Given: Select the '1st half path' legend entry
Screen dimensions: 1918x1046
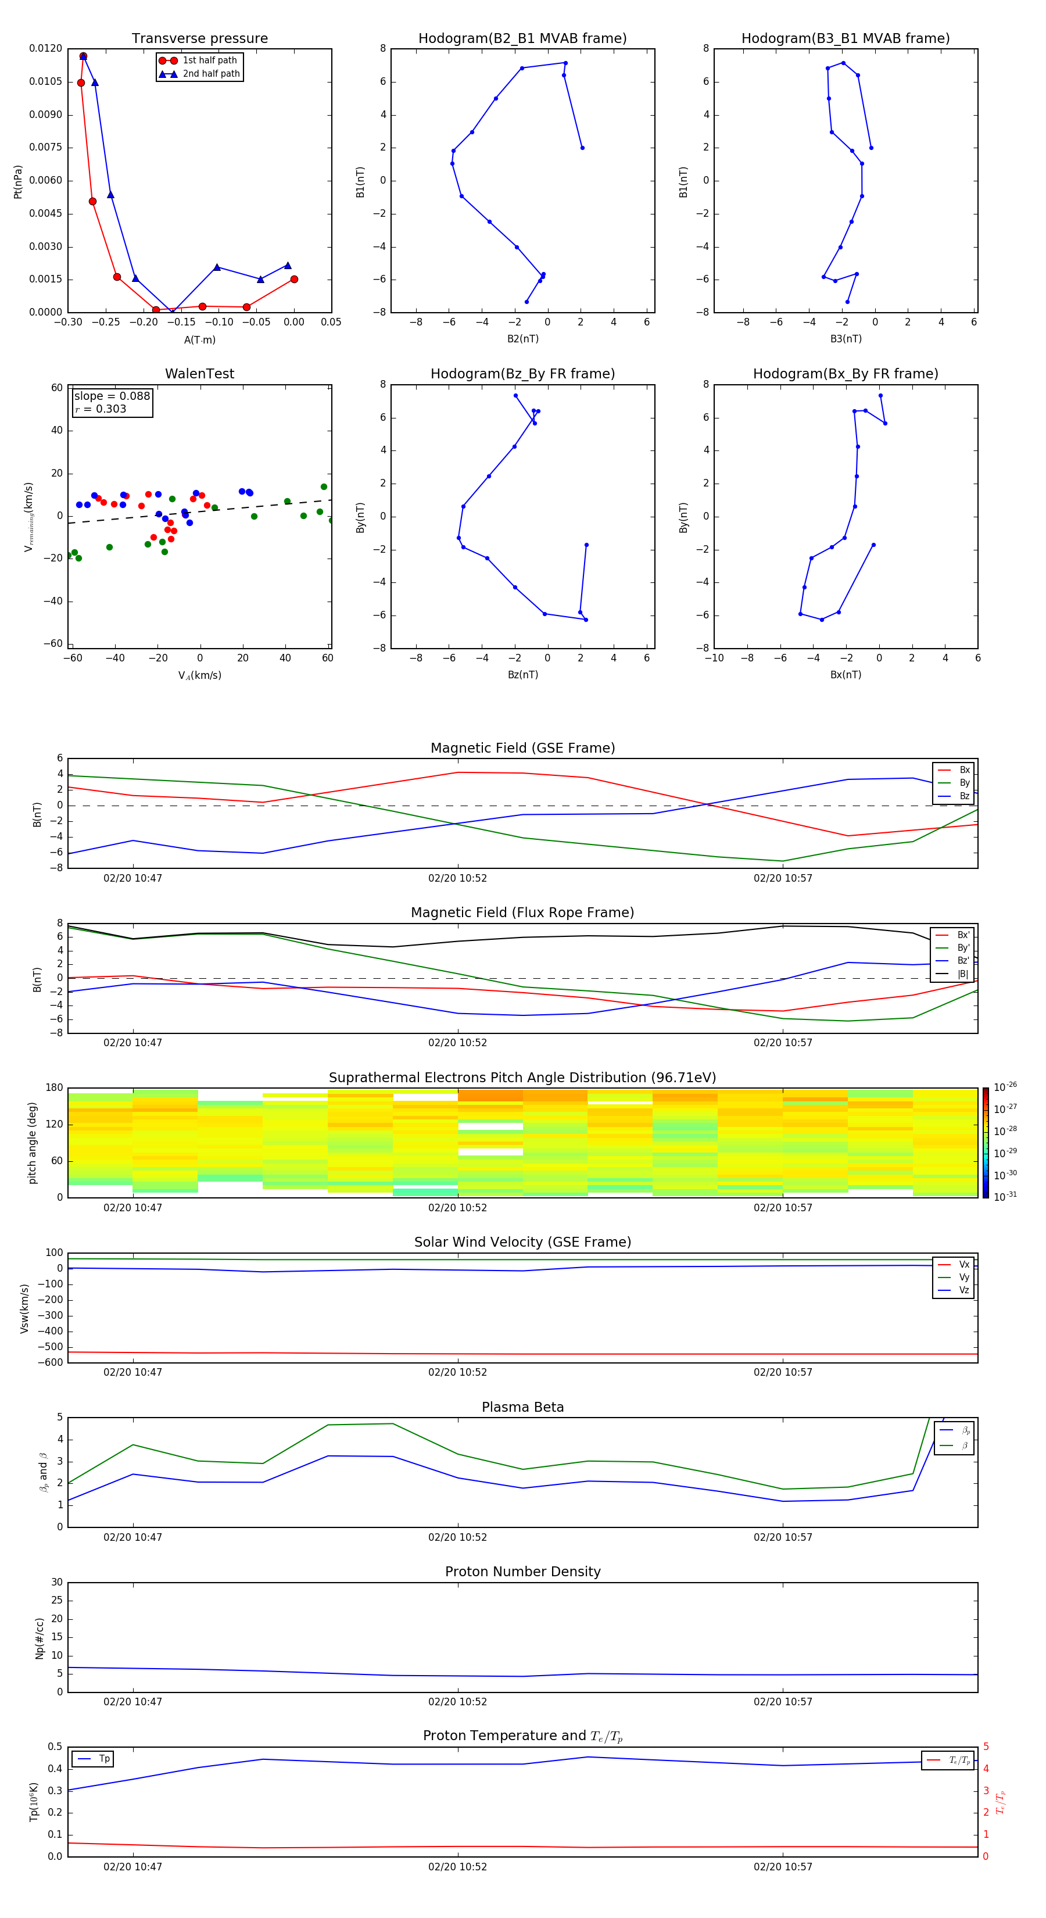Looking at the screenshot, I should coord(209,60).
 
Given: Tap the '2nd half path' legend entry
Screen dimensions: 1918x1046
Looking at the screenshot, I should coord(211,74).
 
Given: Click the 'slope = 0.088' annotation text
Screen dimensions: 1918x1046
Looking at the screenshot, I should coord(112,396).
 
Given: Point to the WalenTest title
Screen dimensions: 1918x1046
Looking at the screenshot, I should coord(199,374).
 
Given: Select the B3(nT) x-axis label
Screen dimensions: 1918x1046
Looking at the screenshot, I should coord(846,339).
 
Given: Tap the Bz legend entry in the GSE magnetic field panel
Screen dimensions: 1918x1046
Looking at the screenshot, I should coord(964,796).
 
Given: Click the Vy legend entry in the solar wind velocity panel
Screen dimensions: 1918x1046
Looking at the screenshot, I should coord(964,1277).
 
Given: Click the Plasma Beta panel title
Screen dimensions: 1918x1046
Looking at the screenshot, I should coord(522,1407).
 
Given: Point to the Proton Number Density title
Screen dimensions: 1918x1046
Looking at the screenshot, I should coord(522,1572).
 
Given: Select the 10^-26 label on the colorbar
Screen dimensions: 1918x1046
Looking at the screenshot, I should coord(1005,1087).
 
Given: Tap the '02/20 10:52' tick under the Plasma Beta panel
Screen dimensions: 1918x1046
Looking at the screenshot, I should coord(457,1537).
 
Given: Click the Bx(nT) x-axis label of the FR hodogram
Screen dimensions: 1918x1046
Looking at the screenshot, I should coord(846,675).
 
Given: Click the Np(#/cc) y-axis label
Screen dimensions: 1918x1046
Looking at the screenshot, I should coord(40,1638).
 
